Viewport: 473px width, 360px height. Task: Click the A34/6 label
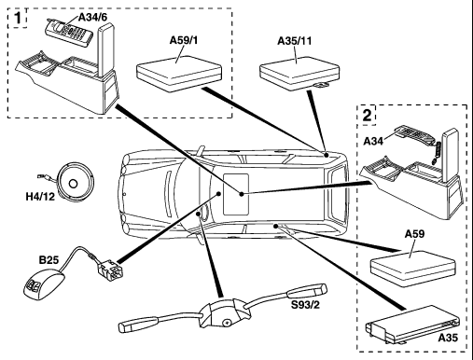coord(92,18)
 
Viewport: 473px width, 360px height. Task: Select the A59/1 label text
coord(184,40)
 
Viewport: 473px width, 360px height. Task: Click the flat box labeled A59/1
coord(179,74)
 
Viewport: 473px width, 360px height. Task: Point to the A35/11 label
coord(294,41)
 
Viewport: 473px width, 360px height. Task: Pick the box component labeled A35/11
coord(299,72)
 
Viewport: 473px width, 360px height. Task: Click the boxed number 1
coord(18,18)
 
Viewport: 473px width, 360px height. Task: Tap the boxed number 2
coord(368,115)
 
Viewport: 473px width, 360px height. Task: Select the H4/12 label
coord(40,197)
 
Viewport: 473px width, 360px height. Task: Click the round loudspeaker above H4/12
coord(76,181)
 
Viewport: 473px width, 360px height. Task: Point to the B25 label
coord(49,260)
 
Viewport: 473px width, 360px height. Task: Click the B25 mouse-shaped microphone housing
coord(43,285)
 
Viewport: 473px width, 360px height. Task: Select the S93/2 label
coord(305,305)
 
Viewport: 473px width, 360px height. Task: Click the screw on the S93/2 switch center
coord(227,323)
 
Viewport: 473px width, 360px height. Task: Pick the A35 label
coord(448,338)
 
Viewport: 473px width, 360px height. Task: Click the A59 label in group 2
coord(414,234)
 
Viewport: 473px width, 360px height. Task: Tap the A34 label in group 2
coord(373,141)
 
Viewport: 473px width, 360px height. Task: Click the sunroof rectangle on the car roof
coord(236,194)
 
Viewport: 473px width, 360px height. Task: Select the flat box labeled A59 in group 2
coord(412,268)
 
